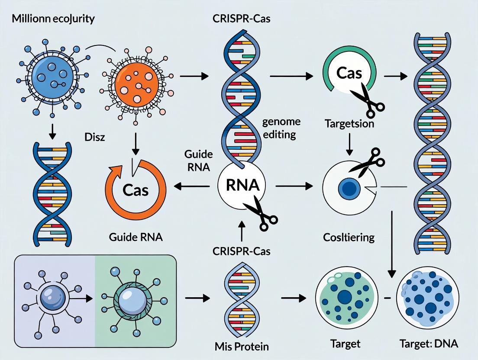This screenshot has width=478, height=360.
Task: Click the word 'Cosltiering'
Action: pyautogui.click(x=349, y=237)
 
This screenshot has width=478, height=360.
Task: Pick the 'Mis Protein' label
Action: pyautogui.click(x=242, y=346)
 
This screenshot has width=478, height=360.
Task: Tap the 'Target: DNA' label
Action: pyautogui.click(x=428, y=344)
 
